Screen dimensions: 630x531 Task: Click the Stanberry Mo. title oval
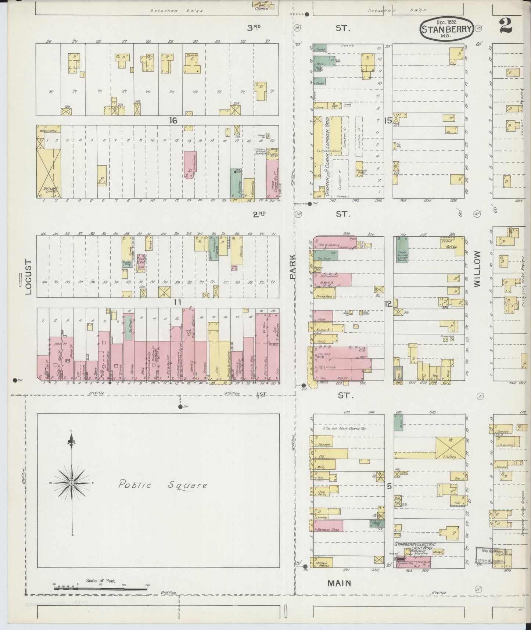(x=446, y=28)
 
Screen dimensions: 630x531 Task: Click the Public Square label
(x=162, y=485)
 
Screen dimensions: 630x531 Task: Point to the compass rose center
(x=72, y=483)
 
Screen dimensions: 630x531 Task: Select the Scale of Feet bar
(x=101, y=588)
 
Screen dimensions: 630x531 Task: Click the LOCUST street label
(x=29, y=278)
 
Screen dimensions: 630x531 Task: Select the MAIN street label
(x=339, y=583)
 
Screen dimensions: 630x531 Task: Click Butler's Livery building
(x=49, y=173)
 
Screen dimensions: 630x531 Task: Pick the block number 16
(x=173, y=120)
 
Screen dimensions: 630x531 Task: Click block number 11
(x=178, y=303)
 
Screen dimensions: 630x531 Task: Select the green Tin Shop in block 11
(x=129, y=327)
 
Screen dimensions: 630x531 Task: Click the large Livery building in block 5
(x=450, y=448)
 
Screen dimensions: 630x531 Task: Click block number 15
(x=388, y=120)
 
